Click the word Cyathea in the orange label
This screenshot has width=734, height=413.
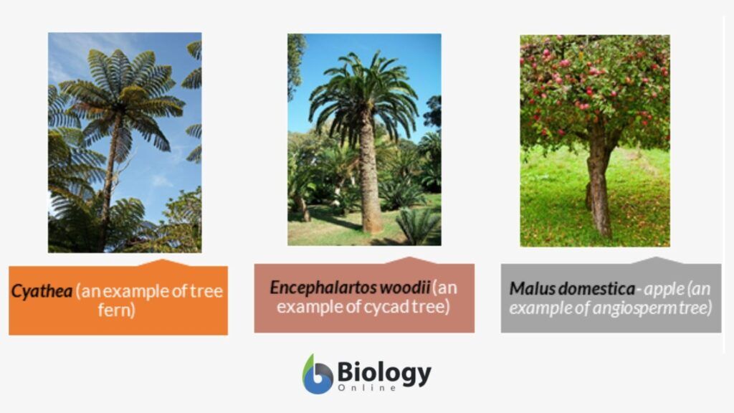pyautogui.click(x=42, y=291)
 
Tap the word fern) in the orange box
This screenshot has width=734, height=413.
pyautogui.click(x=117, y=310)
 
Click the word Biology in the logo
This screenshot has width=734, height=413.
pyautogui.click(x=384, y=373)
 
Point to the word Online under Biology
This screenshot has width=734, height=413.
pyautogui.click(x=367, y=388)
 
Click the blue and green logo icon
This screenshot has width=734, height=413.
pyautogui.click(x=318, y=374)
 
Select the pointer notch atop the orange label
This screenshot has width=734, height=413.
pyautogui.click(x=162, y=262)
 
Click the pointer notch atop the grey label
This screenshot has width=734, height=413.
pyautogui.click(x=655, y=260)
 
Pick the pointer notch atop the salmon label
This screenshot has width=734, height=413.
pyautogui.click(x=409, y=260)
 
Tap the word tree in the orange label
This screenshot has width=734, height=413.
pyautogui.click(x=206, y=291)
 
